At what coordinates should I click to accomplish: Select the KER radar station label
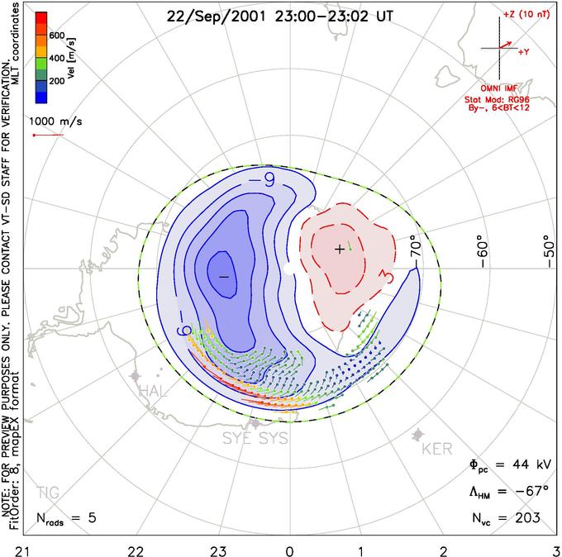click(437, 449)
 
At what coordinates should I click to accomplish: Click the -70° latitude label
click(416, 248)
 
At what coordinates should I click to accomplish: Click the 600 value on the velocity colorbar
click(56, 36)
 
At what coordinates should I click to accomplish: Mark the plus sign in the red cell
click(339, 248)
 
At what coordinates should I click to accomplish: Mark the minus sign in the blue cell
click(222, 277)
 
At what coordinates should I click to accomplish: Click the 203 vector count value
click(526, 517)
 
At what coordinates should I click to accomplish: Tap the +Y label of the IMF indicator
click(523, 51)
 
